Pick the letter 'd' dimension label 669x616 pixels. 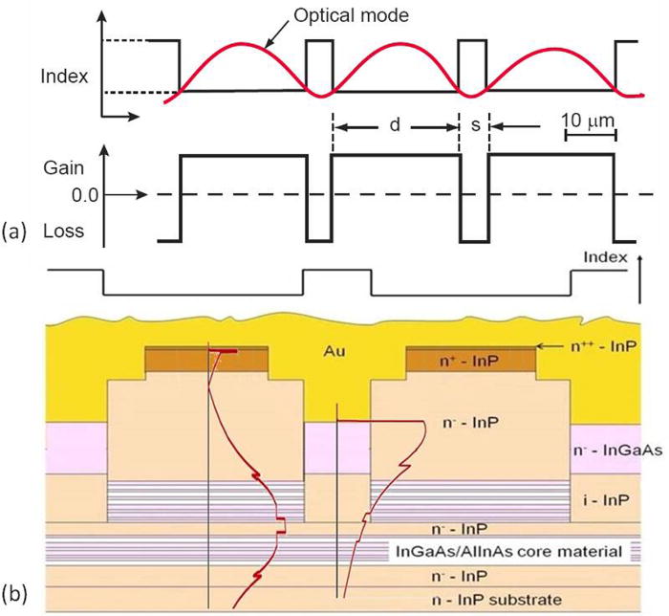[395, 125]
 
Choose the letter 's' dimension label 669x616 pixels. [474, 125]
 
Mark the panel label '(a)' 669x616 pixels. [16, 231]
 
